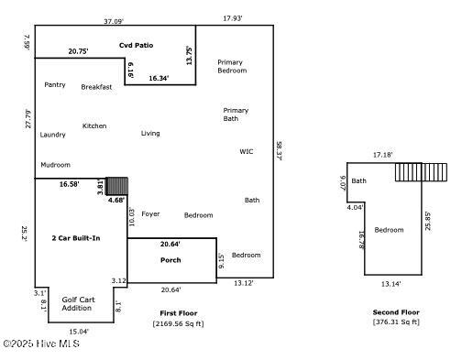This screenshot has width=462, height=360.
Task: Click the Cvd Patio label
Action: point(137,45)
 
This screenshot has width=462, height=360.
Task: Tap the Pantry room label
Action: point(55,84)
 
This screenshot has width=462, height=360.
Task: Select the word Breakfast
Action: point(96,87)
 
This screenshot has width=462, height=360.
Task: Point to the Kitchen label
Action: point(94,125)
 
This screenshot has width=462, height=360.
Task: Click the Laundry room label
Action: point(52,135)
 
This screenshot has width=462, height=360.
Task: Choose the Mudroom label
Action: point(55,165)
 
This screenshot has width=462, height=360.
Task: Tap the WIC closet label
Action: point(247,151)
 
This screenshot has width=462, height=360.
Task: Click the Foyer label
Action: point(150,213)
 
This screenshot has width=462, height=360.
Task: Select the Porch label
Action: point(170,260)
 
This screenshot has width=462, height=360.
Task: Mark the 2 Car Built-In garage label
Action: point(75,238)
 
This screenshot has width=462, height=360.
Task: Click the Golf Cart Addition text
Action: point(77,304)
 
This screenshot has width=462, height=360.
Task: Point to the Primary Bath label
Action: point(236,115)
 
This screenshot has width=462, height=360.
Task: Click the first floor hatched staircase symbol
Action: point(116,186)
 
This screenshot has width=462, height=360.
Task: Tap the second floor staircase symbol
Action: point(422,172)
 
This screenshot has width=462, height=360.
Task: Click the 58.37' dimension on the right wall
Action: point(279,151)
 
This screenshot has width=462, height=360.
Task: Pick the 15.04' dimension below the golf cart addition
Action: point(79,332)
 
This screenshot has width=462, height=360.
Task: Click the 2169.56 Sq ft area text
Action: point(178,323)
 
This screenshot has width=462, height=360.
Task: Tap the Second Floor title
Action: point(396,311)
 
